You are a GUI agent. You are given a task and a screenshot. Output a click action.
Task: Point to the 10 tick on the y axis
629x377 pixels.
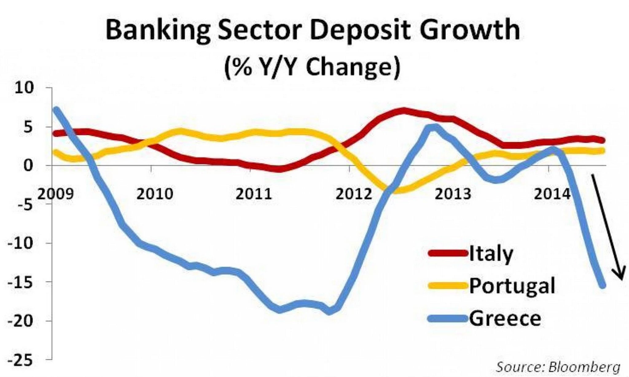tap(23, 88)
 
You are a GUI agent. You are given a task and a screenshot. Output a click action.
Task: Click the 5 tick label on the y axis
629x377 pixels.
tap(28, 127)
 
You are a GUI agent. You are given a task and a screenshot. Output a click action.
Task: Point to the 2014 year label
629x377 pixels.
tap(552, 194)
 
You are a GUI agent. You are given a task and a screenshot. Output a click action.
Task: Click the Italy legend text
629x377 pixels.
tap(491, 254)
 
